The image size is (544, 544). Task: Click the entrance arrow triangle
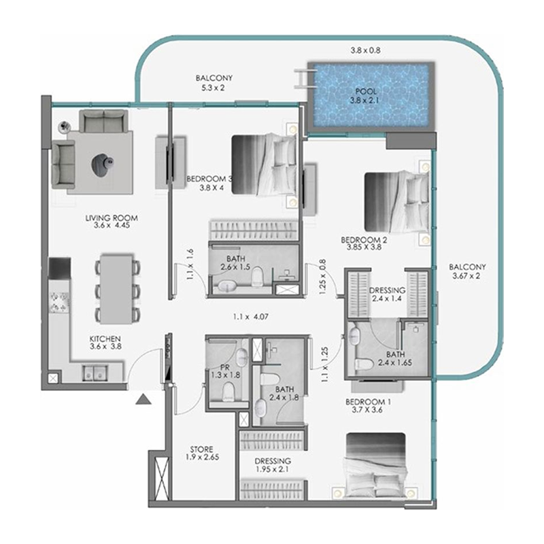tap(142, 399)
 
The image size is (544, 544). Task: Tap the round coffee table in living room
tap(102, 163)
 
